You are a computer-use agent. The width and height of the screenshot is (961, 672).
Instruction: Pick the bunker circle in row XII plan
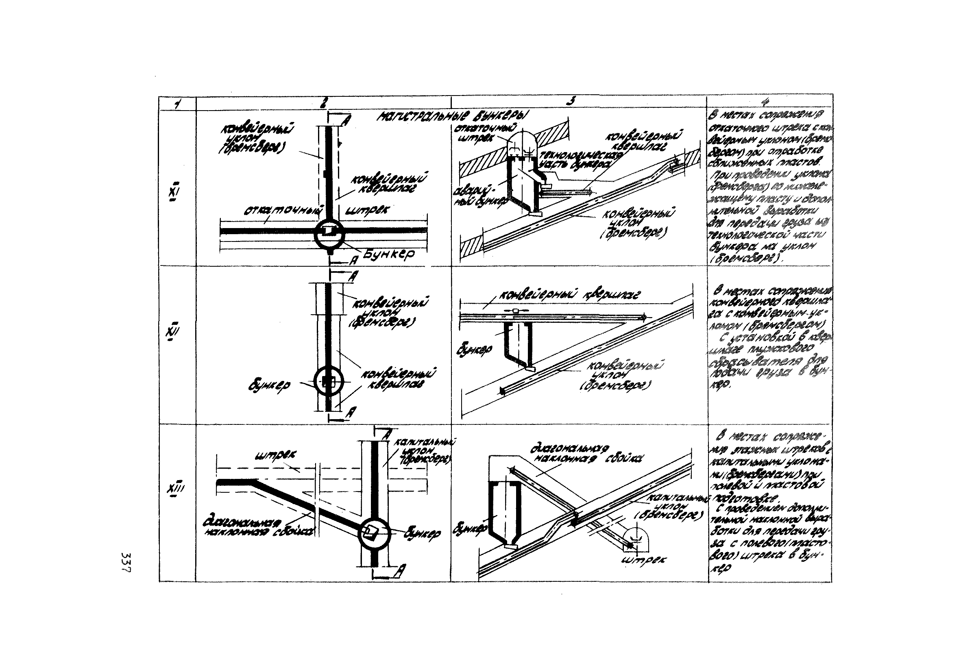point(329,381)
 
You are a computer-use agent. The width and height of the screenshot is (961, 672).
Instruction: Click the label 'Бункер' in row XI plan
point(388,254)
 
